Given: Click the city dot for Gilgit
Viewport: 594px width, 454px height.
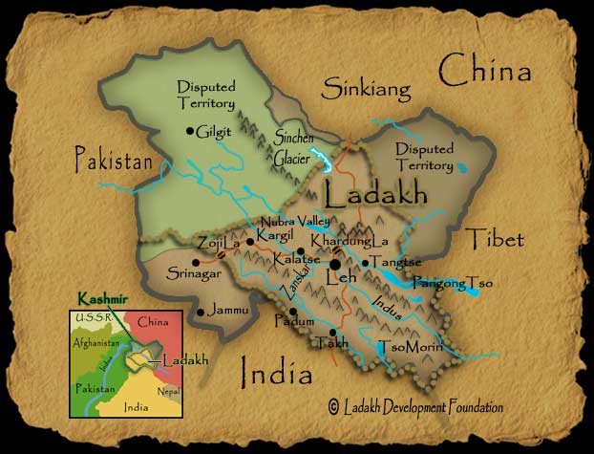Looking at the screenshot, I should (x=190, y=131).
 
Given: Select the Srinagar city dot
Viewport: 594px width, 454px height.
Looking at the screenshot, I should (x=196, y=262).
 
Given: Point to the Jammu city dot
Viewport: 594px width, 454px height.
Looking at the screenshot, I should (x=200, y=312).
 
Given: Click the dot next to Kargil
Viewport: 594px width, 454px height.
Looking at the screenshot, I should (x=250, y=242).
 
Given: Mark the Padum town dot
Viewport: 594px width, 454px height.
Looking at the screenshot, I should (x=293, y=311).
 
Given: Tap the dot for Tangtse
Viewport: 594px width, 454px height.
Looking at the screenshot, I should (x=365, y=263).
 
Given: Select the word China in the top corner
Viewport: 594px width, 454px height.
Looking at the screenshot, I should (x=484, y=71).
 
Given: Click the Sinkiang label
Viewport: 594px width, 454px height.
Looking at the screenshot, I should (x=366, y=90).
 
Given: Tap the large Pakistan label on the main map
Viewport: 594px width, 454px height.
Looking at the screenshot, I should (x=114, y=162).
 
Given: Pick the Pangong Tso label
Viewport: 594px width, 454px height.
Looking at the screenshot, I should (x=453, y=283).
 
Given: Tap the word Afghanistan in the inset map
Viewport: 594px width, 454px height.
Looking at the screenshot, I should (x=95, y=342).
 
